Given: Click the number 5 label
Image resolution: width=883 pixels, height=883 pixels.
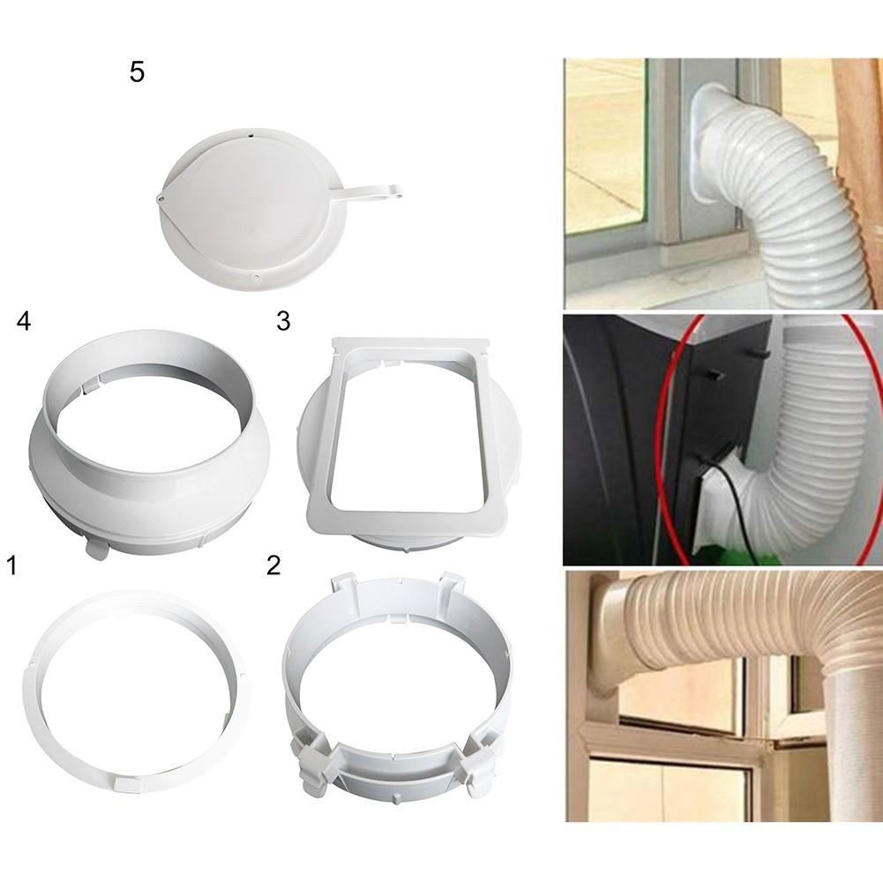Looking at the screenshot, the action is pyautogui.click(x=137, y=72).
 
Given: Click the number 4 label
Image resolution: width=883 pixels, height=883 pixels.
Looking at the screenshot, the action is pyautogui.click(x=24, y=322).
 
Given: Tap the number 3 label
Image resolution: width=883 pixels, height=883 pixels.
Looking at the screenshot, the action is pyautogui.click(x=282, y=321).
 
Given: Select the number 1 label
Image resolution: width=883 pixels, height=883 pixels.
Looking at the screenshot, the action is pyautogui.click(x=11, y=565).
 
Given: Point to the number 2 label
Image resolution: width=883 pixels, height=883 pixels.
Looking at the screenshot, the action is pyautogui.click(x=273, y=565).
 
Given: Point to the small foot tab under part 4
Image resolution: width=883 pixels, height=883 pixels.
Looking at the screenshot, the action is pyautogui.click(x=96, y=549).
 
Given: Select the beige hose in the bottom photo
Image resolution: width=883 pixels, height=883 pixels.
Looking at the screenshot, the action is pyautogui.click(x=789, y=636).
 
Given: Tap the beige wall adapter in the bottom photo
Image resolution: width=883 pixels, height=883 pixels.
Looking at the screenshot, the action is pyautogui.click(x=611, y=636).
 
